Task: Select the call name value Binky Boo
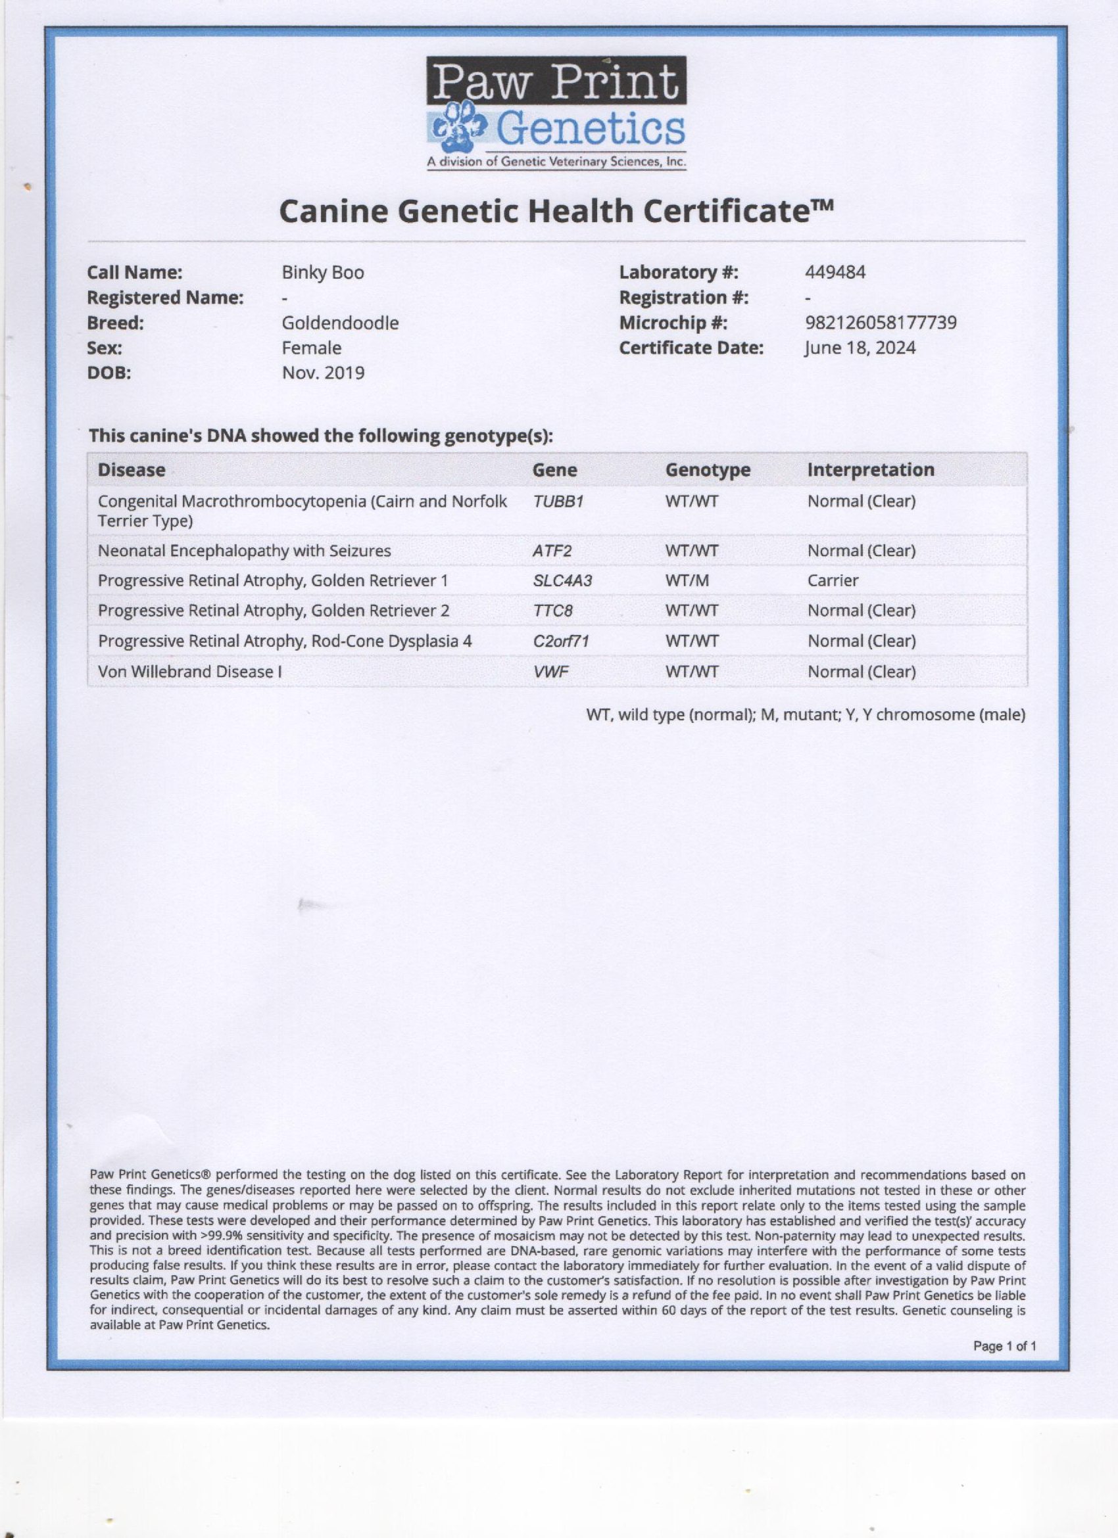pyautogui.click(x=323, y=273)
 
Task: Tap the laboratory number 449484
pyautogui.click(x=835, y=273)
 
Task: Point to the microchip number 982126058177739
pyautogui.click(x=881, y=323)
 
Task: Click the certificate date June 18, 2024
pyautogui.click(x=860, y=348)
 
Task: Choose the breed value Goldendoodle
pyautogui.click(x=340, y=323)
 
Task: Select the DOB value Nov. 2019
pyautogui.click(x=323, y=373)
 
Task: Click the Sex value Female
pyautogui.click(x=311, y=348)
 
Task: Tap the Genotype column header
pyautogui.click(x=708, y=470)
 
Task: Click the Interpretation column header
pyautogui.click(x=870, y=470)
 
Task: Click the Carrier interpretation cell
pyautogui.click(x=833, y=581)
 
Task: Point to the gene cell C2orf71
pyautogui.click(x=560, y=641)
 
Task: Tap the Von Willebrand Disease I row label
pyautogui.click(x=190, y=672)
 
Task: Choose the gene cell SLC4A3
pyautogui.click(x=562, y=581)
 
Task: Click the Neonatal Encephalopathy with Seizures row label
pyautogui.click(x=244, y=551)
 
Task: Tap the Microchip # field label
pyautogui.click(x=673, y=323)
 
